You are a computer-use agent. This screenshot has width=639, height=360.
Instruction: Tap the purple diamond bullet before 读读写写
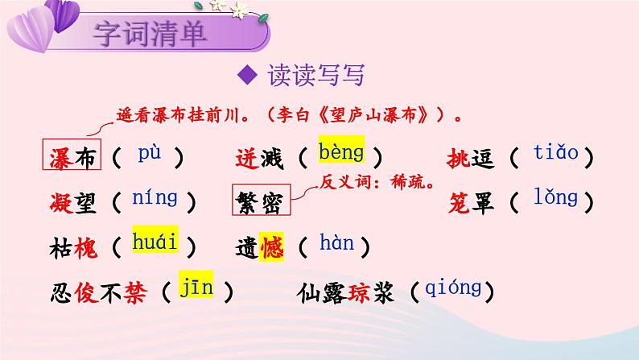pos(248,77)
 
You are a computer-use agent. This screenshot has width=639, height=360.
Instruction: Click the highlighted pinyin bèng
pos(340,151)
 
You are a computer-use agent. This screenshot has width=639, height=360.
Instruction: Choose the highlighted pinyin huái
pos(156,242)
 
